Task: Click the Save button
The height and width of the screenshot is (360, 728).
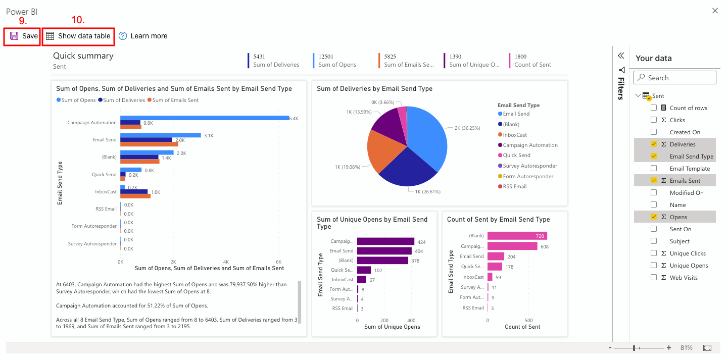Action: (x=23, y=36)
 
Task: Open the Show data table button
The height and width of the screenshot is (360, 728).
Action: (x=78, y=36)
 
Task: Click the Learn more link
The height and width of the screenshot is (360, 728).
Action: (x=143, y=36)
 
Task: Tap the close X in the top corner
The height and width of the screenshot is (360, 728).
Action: (x=715, y=11)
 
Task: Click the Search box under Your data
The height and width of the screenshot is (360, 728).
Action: (x=674, y=78)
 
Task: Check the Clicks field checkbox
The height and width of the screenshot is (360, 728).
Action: (x=654, y=120)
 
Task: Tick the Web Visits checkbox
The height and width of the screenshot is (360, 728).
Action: (x=654, y=278)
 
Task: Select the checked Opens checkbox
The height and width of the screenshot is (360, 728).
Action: (x=654, y=217)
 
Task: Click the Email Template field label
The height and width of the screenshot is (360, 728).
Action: (x=690, y=169)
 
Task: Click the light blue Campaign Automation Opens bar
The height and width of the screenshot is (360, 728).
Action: (x=205, y=118)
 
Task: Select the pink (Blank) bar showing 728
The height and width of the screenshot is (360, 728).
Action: (x=517, y=236)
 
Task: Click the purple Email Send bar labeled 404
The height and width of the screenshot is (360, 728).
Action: (x=384, y=251)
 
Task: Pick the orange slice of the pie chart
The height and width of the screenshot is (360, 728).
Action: (x=383, y=151)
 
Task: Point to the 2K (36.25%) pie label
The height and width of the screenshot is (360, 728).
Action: (x=467, y=128)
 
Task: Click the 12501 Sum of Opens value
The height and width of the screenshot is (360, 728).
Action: (x=326, y=57)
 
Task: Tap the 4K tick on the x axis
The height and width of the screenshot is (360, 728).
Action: (x=226, y=262)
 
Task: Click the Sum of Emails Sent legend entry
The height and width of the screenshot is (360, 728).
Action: (x=173, y=100)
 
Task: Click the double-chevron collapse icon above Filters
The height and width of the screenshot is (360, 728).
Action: (x=621, y=56)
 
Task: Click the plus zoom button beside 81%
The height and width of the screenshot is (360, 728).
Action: (x=668, y=348)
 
